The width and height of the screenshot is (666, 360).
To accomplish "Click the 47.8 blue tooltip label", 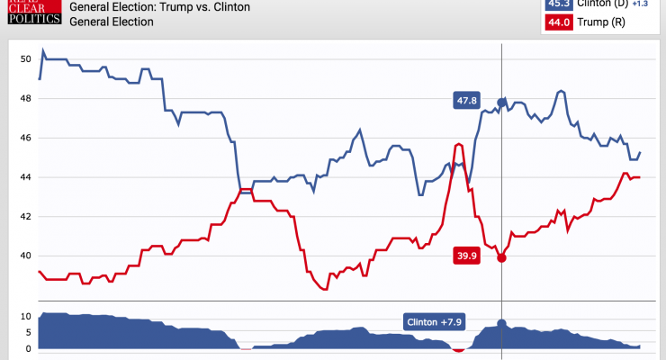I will click(x=466, y=101).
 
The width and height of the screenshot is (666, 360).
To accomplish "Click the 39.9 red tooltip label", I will click(x=467, y=256).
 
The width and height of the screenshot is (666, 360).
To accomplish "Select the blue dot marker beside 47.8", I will click(x=501, y=102).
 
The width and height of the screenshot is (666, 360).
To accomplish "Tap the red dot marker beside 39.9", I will click(x=501, y=257).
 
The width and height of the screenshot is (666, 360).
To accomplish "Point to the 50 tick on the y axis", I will click(x=25, y=59).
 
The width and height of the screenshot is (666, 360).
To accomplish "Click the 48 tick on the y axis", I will click(x=25, y=99).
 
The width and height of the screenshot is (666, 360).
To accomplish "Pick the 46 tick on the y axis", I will click(x=25, y=138).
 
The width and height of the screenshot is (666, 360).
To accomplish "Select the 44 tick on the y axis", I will click(x=25, y=177).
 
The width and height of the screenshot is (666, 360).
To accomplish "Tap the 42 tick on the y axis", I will click(x=25, y=217).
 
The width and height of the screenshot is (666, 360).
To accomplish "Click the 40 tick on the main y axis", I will click(x=25, y=256).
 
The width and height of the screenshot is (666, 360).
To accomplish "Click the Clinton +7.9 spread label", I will click(x=441, y=322).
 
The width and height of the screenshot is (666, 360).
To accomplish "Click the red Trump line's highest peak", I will click(x=459, y=144).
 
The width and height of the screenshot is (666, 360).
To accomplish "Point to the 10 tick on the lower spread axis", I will click(x=27, y=317).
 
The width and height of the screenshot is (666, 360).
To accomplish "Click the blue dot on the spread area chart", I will click(x=501, y=323).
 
